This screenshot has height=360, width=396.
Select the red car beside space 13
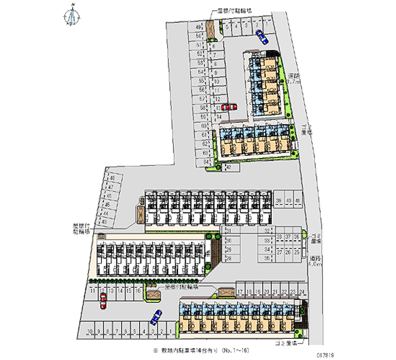[x=229, y=106]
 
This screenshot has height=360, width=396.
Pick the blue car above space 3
[x=156, y=315]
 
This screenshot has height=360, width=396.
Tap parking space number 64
[x=204, y=161]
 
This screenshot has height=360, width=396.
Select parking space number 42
[x=229, y=168]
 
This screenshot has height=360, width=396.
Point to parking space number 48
[x=112, y=178]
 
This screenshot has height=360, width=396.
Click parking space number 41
[x=297, y=200]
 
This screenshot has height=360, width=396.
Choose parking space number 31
[x=229, y=231]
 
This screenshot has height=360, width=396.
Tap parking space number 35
[x=267, y=258]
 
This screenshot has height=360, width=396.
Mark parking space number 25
[x=297, y=252]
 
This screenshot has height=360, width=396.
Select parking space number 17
[x=240, y=292]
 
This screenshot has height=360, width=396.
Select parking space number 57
[x=202, y=99]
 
